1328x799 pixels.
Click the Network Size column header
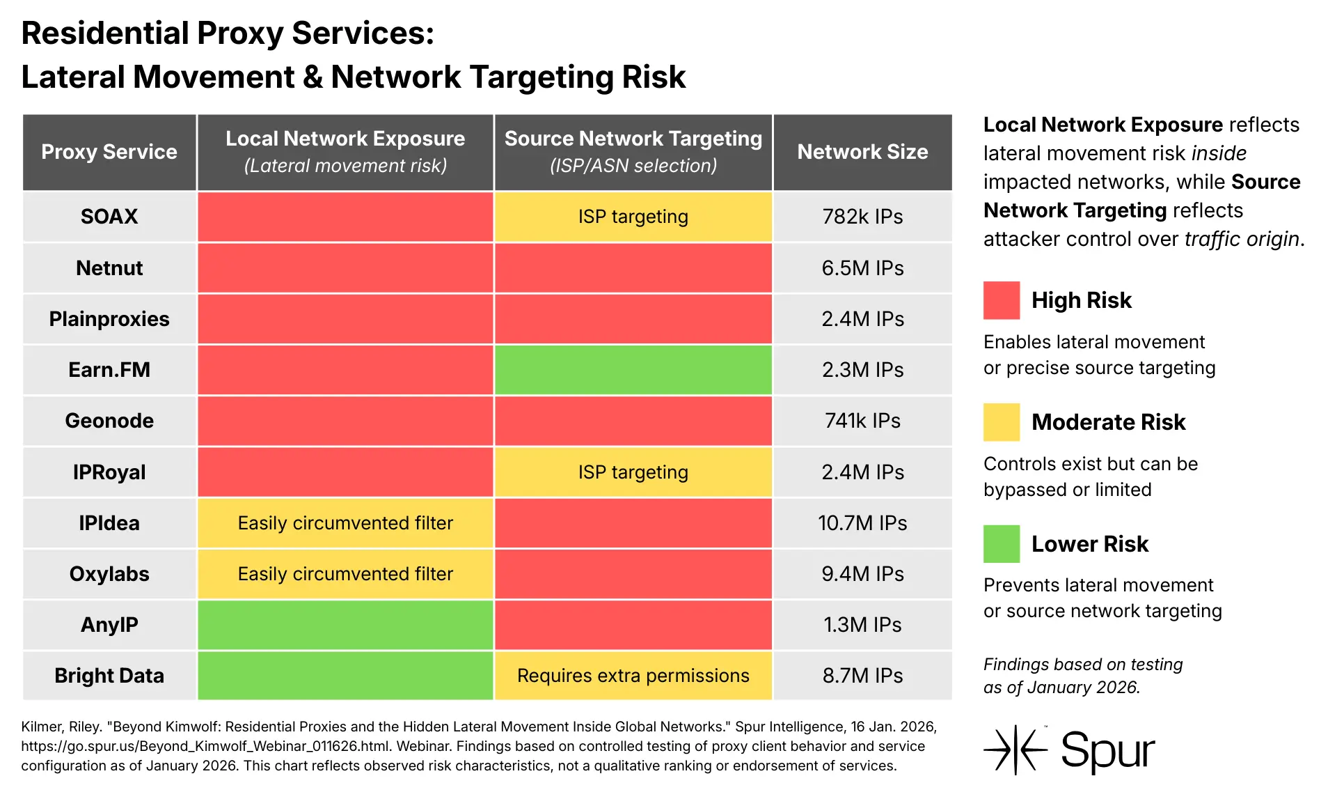point(862,152)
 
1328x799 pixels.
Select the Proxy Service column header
point(109,152)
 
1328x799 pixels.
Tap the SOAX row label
point(109,217)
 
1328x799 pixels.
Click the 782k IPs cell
point(862,217)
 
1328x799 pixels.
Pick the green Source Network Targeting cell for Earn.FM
point(633,370)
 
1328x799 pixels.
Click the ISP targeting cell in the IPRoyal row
point(633,472)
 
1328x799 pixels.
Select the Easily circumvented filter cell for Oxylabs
point(345,574)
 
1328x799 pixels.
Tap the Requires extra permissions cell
point(633,676)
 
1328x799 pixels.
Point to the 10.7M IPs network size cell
point(862,523)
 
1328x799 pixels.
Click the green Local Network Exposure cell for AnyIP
point(345,625)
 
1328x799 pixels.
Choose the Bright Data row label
point(109,676)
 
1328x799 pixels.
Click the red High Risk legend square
point(1001,300)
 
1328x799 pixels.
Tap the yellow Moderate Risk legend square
point(1001,422)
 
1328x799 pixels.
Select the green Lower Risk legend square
point(1001,543)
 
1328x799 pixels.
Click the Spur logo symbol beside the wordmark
point(1015,750)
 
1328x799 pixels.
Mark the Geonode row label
point(109,421)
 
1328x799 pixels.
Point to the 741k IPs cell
point(862,421)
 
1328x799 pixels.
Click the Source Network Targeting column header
point(633,152)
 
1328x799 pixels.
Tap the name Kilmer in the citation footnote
point(42,727)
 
